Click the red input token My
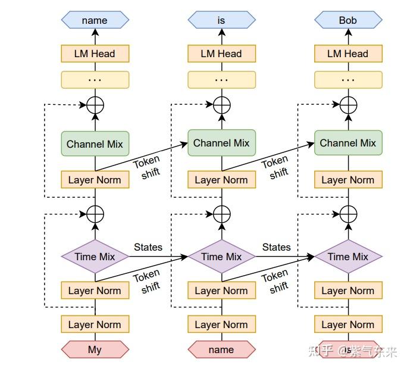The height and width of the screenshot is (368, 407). tap(95, 350)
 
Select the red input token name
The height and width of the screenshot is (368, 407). tap(221, 350)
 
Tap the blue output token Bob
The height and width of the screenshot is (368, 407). tap(348, 20)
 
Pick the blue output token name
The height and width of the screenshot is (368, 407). tap(95, 20)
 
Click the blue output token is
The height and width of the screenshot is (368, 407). tap(221, 20)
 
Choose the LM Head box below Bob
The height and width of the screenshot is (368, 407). tap(348, 54)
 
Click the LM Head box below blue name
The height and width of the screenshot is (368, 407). tap(95, 54)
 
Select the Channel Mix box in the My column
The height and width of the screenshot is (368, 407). tap(95, 144)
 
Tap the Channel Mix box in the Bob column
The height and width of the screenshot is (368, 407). tap(348, 143)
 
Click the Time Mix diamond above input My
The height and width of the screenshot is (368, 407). tap(95, 257)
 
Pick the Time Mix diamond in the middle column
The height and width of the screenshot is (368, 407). tap(221, 257)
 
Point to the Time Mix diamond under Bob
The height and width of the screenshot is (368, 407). tap(348, 257)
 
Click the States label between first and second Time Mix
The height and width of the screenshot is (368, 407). tap(148, 247)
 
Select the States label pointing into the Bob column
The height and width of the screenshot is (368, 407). tap(277, 247)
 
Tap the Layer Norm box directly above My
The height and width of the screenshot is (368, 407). tap(95, 325)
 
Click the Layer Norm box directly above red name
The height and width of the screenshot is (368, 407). tap(221, 325)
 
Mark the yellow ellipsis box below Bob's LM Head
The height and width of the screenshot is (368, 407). tap(348, 80)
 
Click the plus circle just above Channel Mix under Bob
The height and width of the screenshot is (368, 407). tap(348, 105)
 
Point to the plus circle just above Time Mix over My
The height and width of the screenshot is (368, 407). tap(95, 213)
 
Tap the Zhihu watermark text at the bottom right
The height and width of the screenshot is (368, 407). tap(352, 351)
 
